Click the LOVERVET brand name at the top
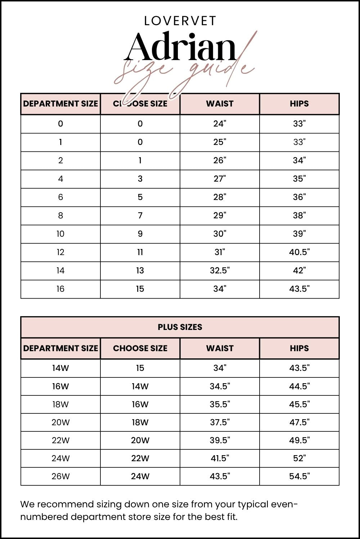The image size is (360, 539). coord(180,21)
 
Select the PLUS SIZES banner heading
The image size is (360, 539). coord(180,327)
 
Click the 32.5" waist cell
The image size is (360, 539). coord(220,271)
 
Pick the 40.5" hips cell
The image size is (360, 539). coord(299,252)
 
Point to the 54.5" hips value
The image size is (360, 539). coord(299,476)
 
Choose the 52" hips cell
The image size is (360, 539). coord(299,458)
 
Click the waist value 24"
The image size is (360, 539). coord(220,124)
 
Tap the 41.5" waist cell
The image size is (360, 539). coord(220,458)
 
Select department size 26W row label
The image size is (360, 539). coord(60,476)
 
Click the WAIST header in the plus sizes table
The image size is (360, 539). coord(220,348)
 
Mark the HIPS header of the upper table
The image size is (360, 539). coord(299,104)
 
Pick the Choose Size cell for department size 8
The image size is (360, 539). coord(140,216)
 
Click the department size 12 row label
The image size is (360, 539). coord(60,252)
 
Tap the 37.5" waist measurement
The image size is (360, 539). coord(220,422)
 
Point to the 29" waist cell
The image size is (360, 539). coord(220,216)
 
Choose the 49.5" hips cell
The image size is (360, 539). coord(299,440)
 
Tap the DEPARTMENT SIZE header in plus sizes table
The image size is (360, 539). coord(60,348)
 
